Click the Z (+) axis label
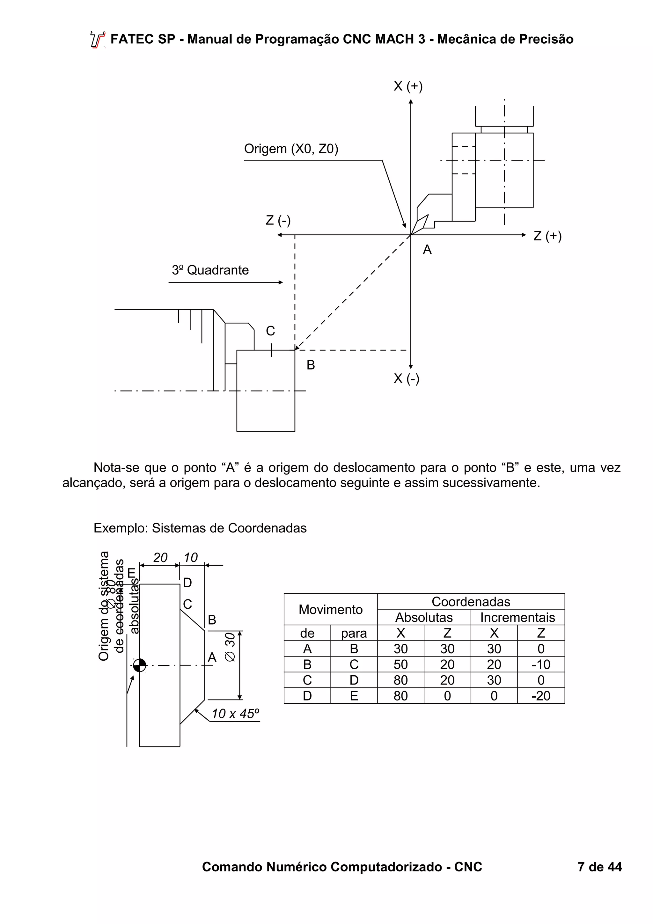coord(547,236)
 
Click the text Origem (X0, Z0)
coord(291,149)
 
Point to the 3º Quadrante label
coord(210,270)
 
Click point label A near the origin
coord(427,250)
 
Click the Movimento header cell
coord(330,609)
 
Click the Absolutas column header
coord(424,617)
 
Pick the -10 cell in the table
coord(540,664)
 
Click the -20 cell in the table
coord(540,696)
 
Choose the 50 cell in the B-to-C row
coord(400,664)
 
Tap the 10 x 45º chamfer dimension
coord(235,714)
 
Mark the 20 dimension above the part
coord(160,558)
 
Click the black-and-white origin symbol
coord(139,665)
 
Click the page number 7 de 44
coord(599,867)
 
